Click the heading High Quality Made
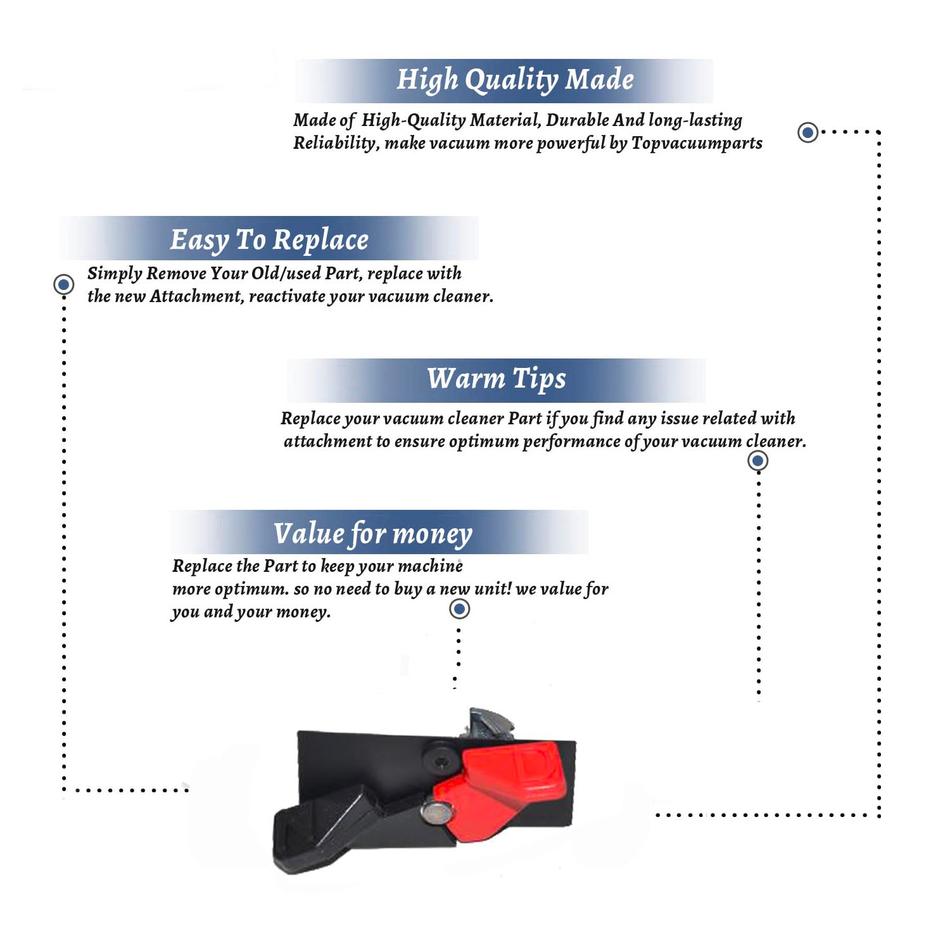click(515, 80)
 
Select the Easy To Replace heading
click(269, 241)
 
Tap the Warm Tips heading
click(496, 379)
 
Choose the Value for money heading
click(372, 534)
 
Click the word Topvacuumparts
click(697, 144)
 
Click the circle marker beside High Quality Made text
click(807, 132)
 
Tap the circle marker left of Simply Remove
click(63, 284)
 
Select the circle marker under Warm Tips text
click(758, 460)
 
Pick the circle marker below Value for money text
click(459, 609)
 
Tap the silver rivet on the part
click(436, 813)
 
